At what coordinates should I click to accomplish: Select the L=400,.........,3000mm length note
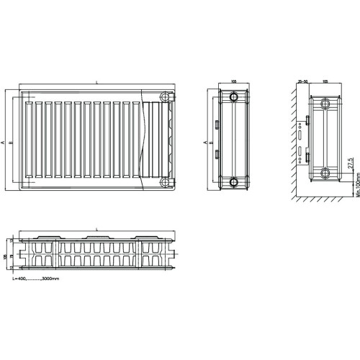click(x=36, y=277)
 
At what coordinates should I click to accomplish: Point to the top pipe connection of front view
click(x=167, y=97)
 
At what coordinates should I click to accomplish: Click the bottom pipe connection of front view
click(x=167, y=181)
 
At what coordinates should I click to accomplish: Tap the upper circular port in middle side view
click(x=234, y=98)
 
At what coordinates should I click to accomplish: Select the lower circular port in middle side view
click(x=234, y=181)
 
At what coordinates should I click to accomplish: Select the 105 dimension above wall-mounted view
click(x=326, y=82)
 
